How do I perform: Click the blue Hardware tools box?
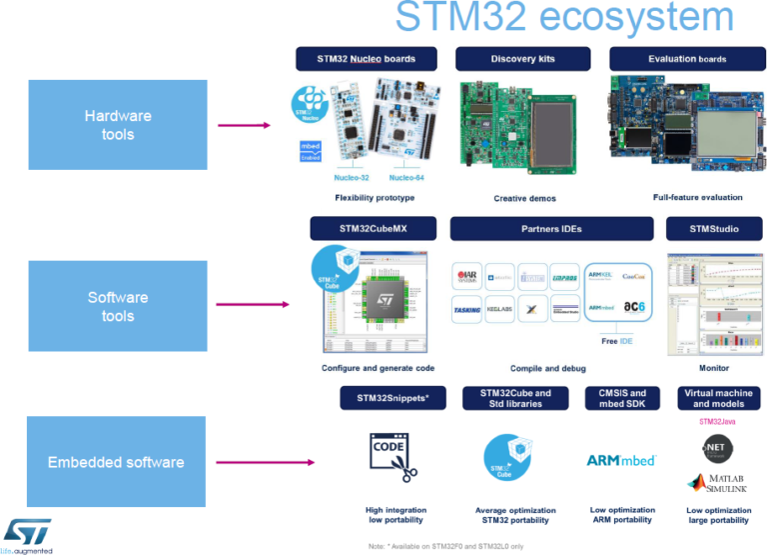pyautogui.click(x=118, y=125)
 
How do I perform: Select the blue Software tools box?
pyautogui.click(x=118, y=306)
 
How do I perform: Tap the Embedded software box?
pyautogui.click(x=116, y=462)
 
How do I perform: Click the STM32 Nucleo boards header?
pyautogui.click(x=366, y=58)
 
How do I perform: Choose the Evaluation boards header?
pyautogui.click(x=686, y=58)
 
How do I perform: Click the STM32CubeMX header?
pyautogui.click(x=373, y=228)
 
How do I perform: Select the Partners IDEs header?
pyautogui.click(x=553, y=228)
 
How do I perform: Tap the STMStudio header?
pyautogui.click(x=713, y=228)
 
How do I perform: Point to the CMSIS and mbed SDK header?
pyautogui.click(x=622, y=398)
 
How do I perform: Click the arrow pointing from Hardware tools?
pyautogui.click(x=244, y=125)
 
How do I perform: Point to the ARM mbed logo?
pyautogui.click(x=621, y=460)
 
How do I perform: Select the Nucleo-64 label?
pyautogui.click(x=406, y=177)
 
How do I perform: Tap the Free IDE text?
pyautogui.click(x=616, y=341)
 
